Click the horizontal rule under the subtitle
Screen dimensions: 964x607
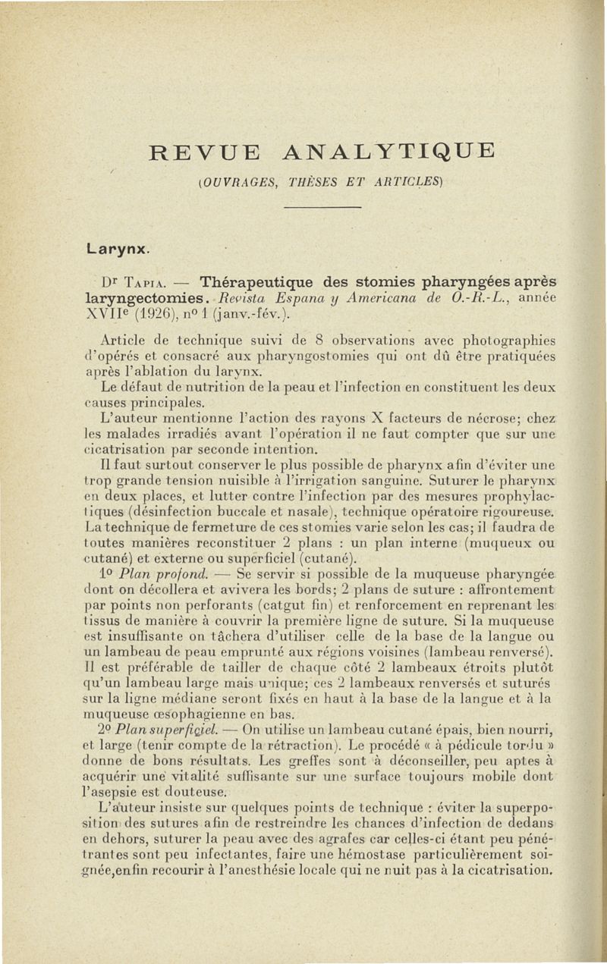tap(329, 206)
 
